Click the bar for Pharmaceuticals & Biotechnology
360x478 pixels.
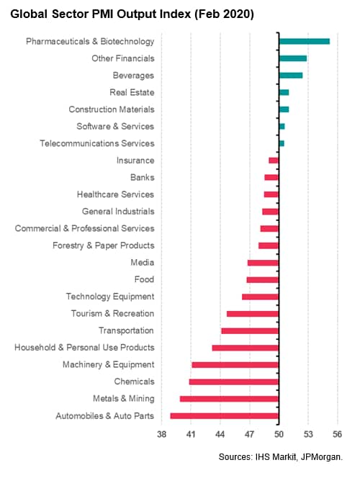(x=305, y=42)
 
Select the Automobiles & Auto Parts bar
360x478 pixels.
(x=225, y=416)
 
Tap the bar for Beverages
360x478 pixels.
(x=291, y=76)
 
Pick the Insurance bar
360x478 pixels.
(x=274, y=161)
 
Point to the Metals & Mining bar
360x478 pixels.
(x=229, y=399)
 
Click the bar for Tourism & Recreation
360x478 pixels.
(x=253, y=314)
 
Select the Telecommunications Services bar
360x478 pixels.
(x=282, y=143)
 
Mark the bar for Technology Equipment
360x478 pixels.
(x=261, y=297)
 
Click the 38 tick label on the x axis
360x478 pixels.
(x=161, y=434)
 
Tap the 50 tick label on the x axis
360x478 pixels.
(x=279, y=434)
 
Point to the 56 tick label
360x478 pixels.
(x=337, y=434)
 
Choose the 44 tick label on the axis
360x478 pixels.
(x=220, y=434)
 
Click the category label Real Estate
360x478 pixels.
(x=132, y=92)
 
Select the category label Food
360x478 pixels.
(x=144, y=279)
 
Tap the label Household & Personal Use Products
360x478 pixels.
(x=84, y=348)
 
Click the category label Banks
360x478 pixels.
(x=143, y=177)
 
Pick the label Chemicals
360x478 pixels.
(x=135, y=382)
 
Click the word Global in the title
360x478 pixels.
(x=29, y=14)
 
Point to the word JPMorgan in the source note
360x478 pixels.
(x=322, y=457)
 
